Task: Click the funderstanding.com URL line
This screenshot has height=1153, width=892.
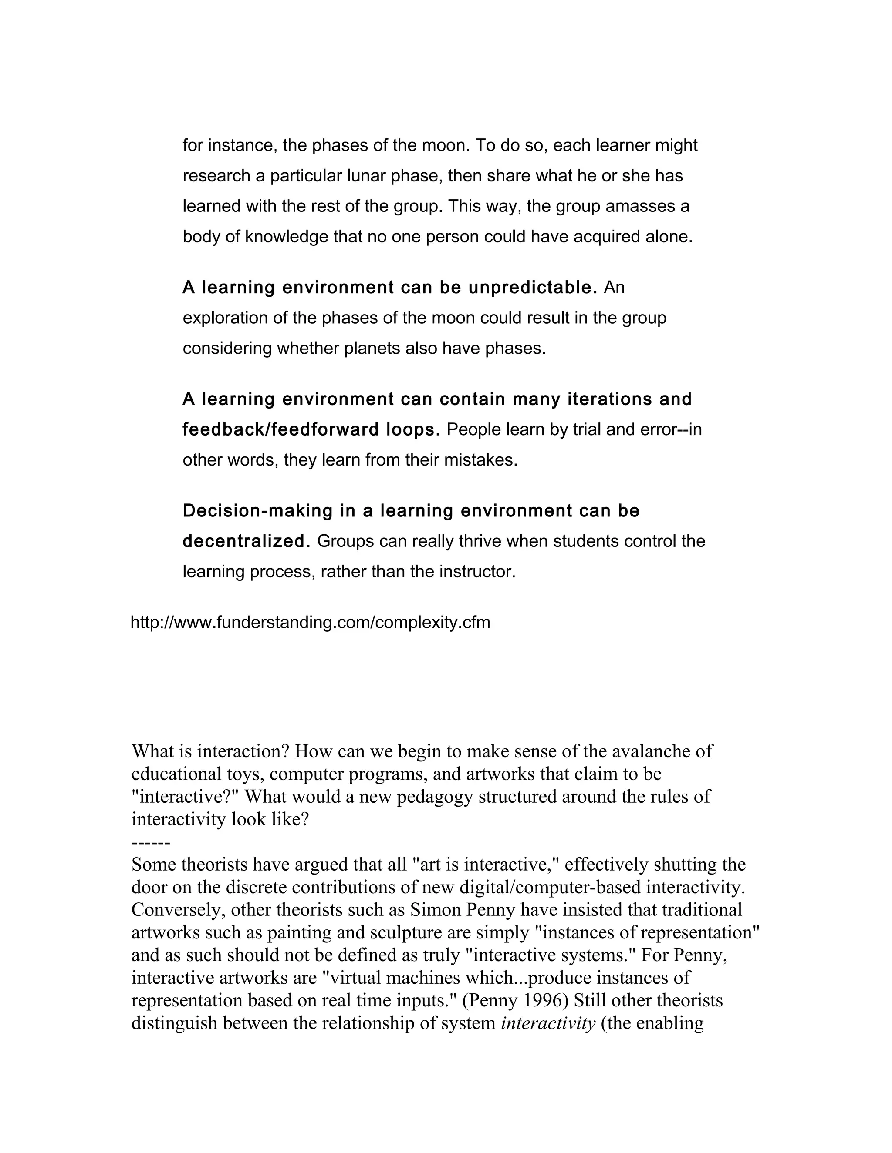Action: pyautogui.click(x=310, y=623)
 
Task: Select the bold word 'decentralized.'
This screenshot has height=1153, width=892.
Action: pyautogui.click(x=246, y=542)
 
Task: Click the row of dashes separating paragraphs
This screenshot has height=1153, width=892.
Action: pyautogui.click(x=151, y=843)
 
